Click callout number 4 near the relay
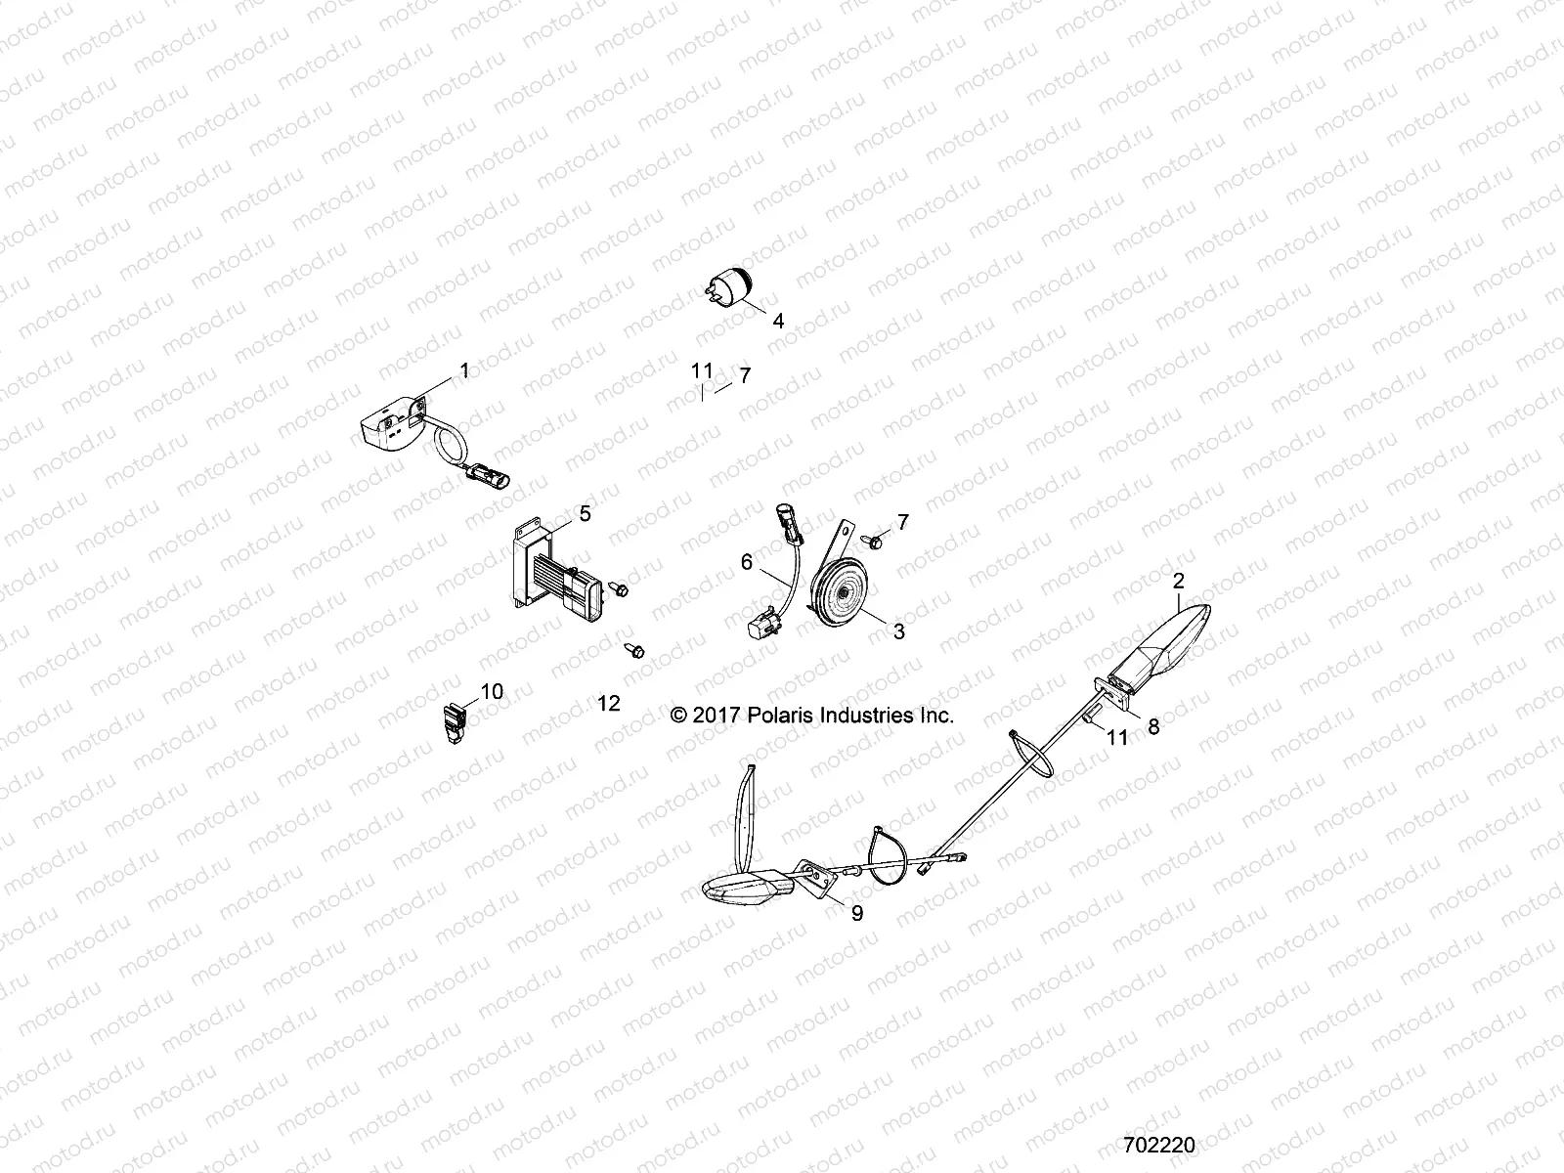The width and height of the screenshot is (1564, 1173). coord(778,321)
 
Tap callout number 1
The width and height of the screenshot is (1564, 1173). coord(464,370)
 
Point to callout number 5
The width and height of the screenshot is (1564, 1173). coord(585,512)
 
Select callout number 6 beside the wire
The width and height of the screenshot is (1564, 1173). coord(747,561)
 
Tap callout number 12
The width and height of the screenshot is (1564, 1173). coord(609,704)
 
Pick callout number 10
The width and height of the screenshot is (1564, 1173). coord(492,692)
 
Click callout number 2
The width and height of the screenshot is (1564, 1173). coord(1178,581)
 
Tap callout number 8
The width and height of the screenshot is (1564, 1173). coord(1153,726)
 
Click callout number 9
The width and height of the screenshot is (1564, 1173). coord(857,914)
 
